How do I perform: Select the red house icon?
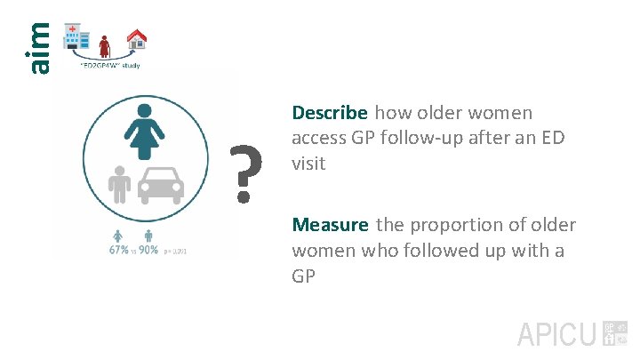tap(136, 38)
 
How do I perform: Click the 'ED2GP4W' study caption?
tap(109, 65)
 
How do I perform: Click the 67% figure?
tap(117, 251)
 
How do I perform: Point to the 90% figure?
tap(148, 251)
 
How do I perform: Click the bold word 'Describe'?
tap(330, 113)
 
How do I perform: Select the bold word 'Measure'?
tap(331, 226)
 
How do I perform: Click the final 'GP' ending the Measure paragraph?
tap(304, 276)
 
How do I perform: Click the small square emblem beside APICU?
tap(614, 333)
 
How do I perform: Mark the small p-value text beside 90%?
tap(175, 252)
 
